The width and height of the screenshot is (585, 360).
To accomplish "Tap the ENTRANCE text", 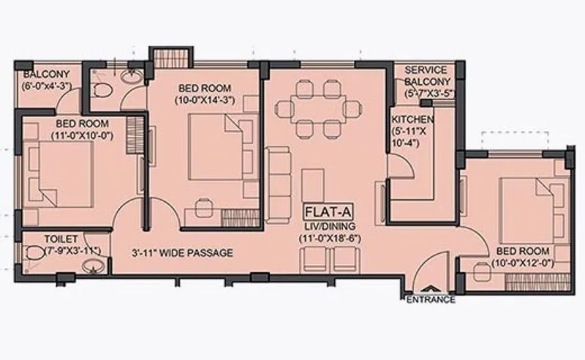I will click(x=431, y=299).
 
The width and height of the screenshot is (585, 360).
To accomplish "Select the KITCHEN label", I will click(x=412, y=119).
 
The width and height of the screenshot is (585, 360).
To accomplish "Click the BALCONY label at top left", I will click(x=46, y=75).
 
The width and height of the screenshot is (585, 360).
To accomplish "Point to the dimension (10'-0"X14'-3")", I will click(x=204, y=100).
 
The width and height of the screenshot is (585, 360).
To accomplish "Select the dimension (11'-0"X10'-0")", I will click(x=82, y=135).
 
